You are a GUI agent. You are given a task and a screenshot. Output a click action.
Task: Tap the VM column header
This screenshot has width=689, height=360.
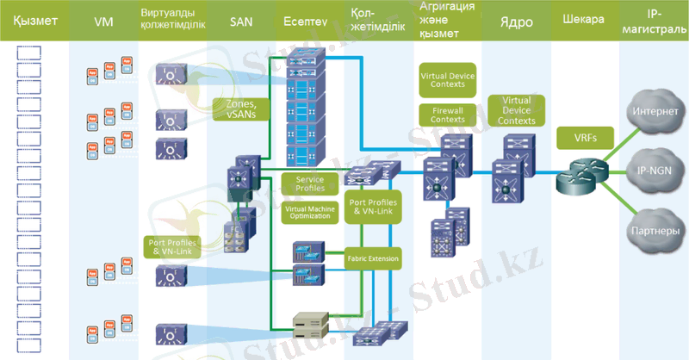(x=104, y=18)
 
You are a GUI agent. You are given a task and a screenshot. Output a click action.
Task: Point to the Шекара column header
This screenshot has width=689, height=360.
(x=583, y=18)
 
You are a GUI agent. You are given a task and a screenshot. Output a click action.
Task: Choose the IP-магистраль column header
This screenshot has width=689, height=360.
(x=654, y=18)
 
